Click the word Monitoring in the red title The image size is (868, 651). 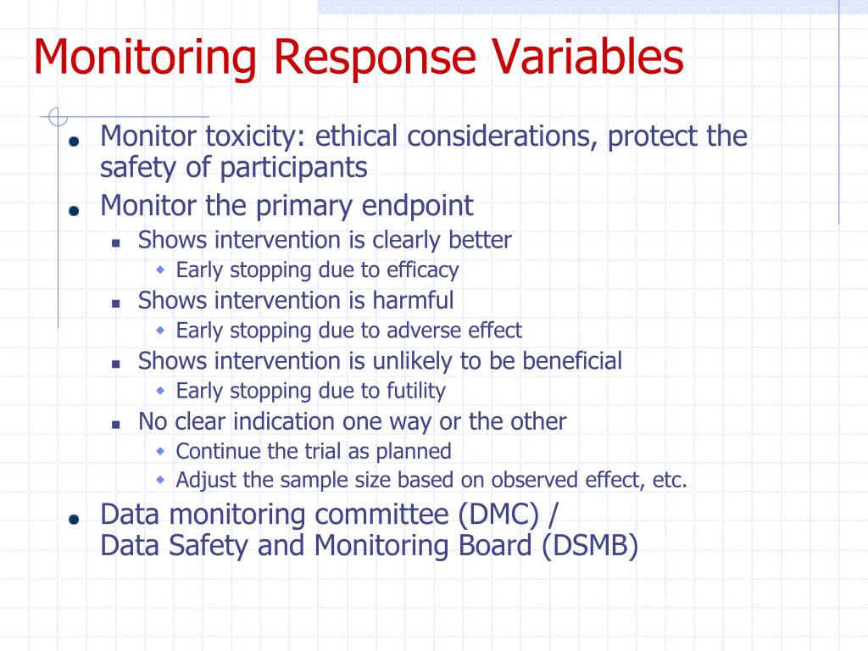[145, 58]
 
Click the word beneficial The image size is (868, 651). [571, 361]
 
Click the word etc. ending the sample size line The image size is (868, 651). [670, 481]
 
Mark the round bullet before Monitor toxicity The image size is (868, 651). [75, 141]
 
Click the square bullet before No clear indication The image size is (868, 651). [117, 423]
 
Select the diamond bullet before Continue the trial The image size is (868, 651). [161, 450]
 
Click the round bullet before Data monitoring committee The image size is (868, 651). [75, 519]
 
